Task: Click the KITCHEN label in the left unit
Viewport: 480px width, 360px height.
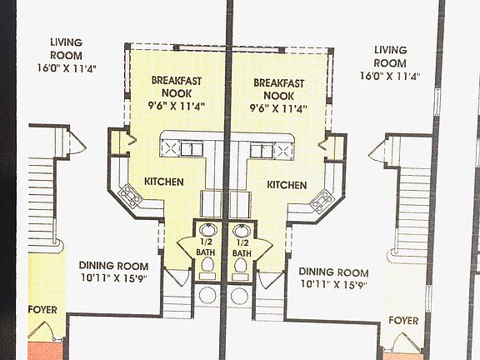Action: (164, 182)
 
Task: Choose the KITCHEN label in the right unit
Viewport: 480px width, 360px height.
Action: (287, 184)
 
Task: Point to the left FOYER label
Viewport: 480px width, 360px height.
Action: (42, 309)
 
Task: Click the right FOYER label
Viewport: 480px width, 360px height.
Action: (404, 320)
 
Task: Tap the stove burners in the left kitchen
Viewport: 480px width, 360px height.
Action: (131, 196)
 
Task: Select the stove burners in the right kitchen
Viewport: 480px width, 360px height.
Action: (320, 199)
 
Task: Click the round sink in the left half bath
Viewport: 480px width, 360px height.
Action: (208, 229)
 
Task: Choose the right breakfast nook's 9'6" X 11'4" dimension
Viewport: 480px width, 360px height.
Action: (278, 108)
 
